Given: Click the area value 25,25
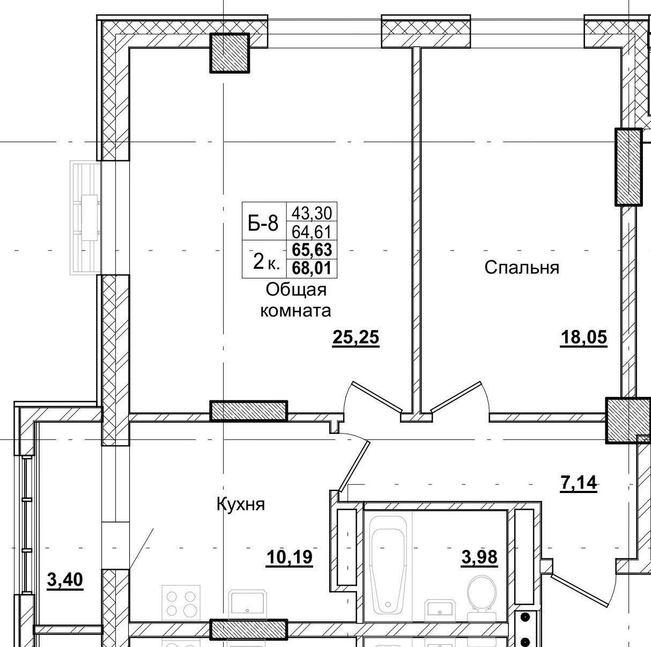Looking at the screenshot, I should coord(356,337).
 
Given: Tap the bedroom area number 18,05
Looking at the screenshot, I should coord(583,337).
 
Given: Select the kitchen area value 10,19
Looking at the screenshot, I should coord(289,558).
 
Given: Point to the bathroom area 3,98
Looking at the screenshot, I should coord(479,557).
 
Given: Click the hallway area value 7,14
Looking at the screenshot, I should coord(578,483).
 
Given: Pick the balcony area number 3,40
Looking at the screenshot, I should coord(65,580).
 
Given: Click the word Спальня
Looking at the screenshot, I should coord(521,267).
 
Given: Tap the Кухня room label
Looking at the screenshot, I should coord(241,504).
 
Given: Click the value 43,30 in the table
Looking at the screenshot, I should coord(312,214).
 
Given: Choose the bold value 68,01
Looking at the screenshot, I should coord(312,268).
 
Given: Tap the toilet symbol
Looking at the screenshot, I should coord(482,595).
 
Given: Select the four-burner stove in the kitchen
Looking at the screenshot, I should coord(181,602).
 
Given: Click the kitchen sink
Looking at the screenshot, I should coord(247,604).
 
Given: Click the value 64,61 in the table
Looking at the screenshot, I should coord(312,232).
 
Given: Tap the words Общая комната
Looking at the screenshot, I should coord(295,300).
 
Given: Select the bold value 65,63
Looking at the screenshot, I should coord(312,250).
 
